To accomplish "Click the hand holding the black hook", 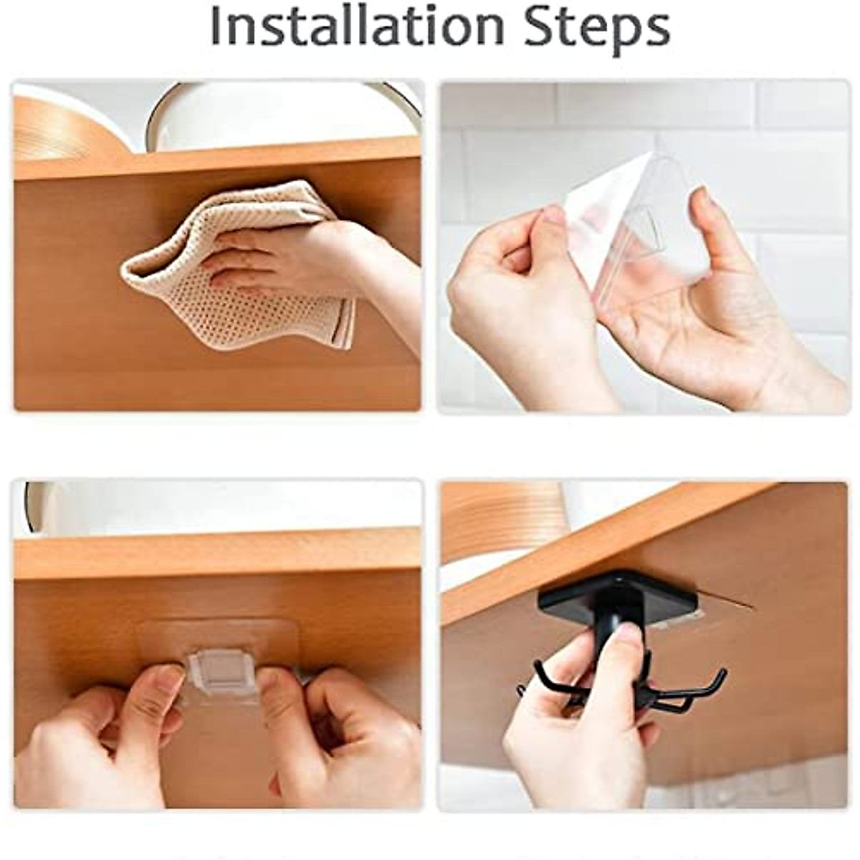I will tap(573, 717).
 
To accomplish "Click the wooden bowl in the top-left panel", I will tap(57, 129).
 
